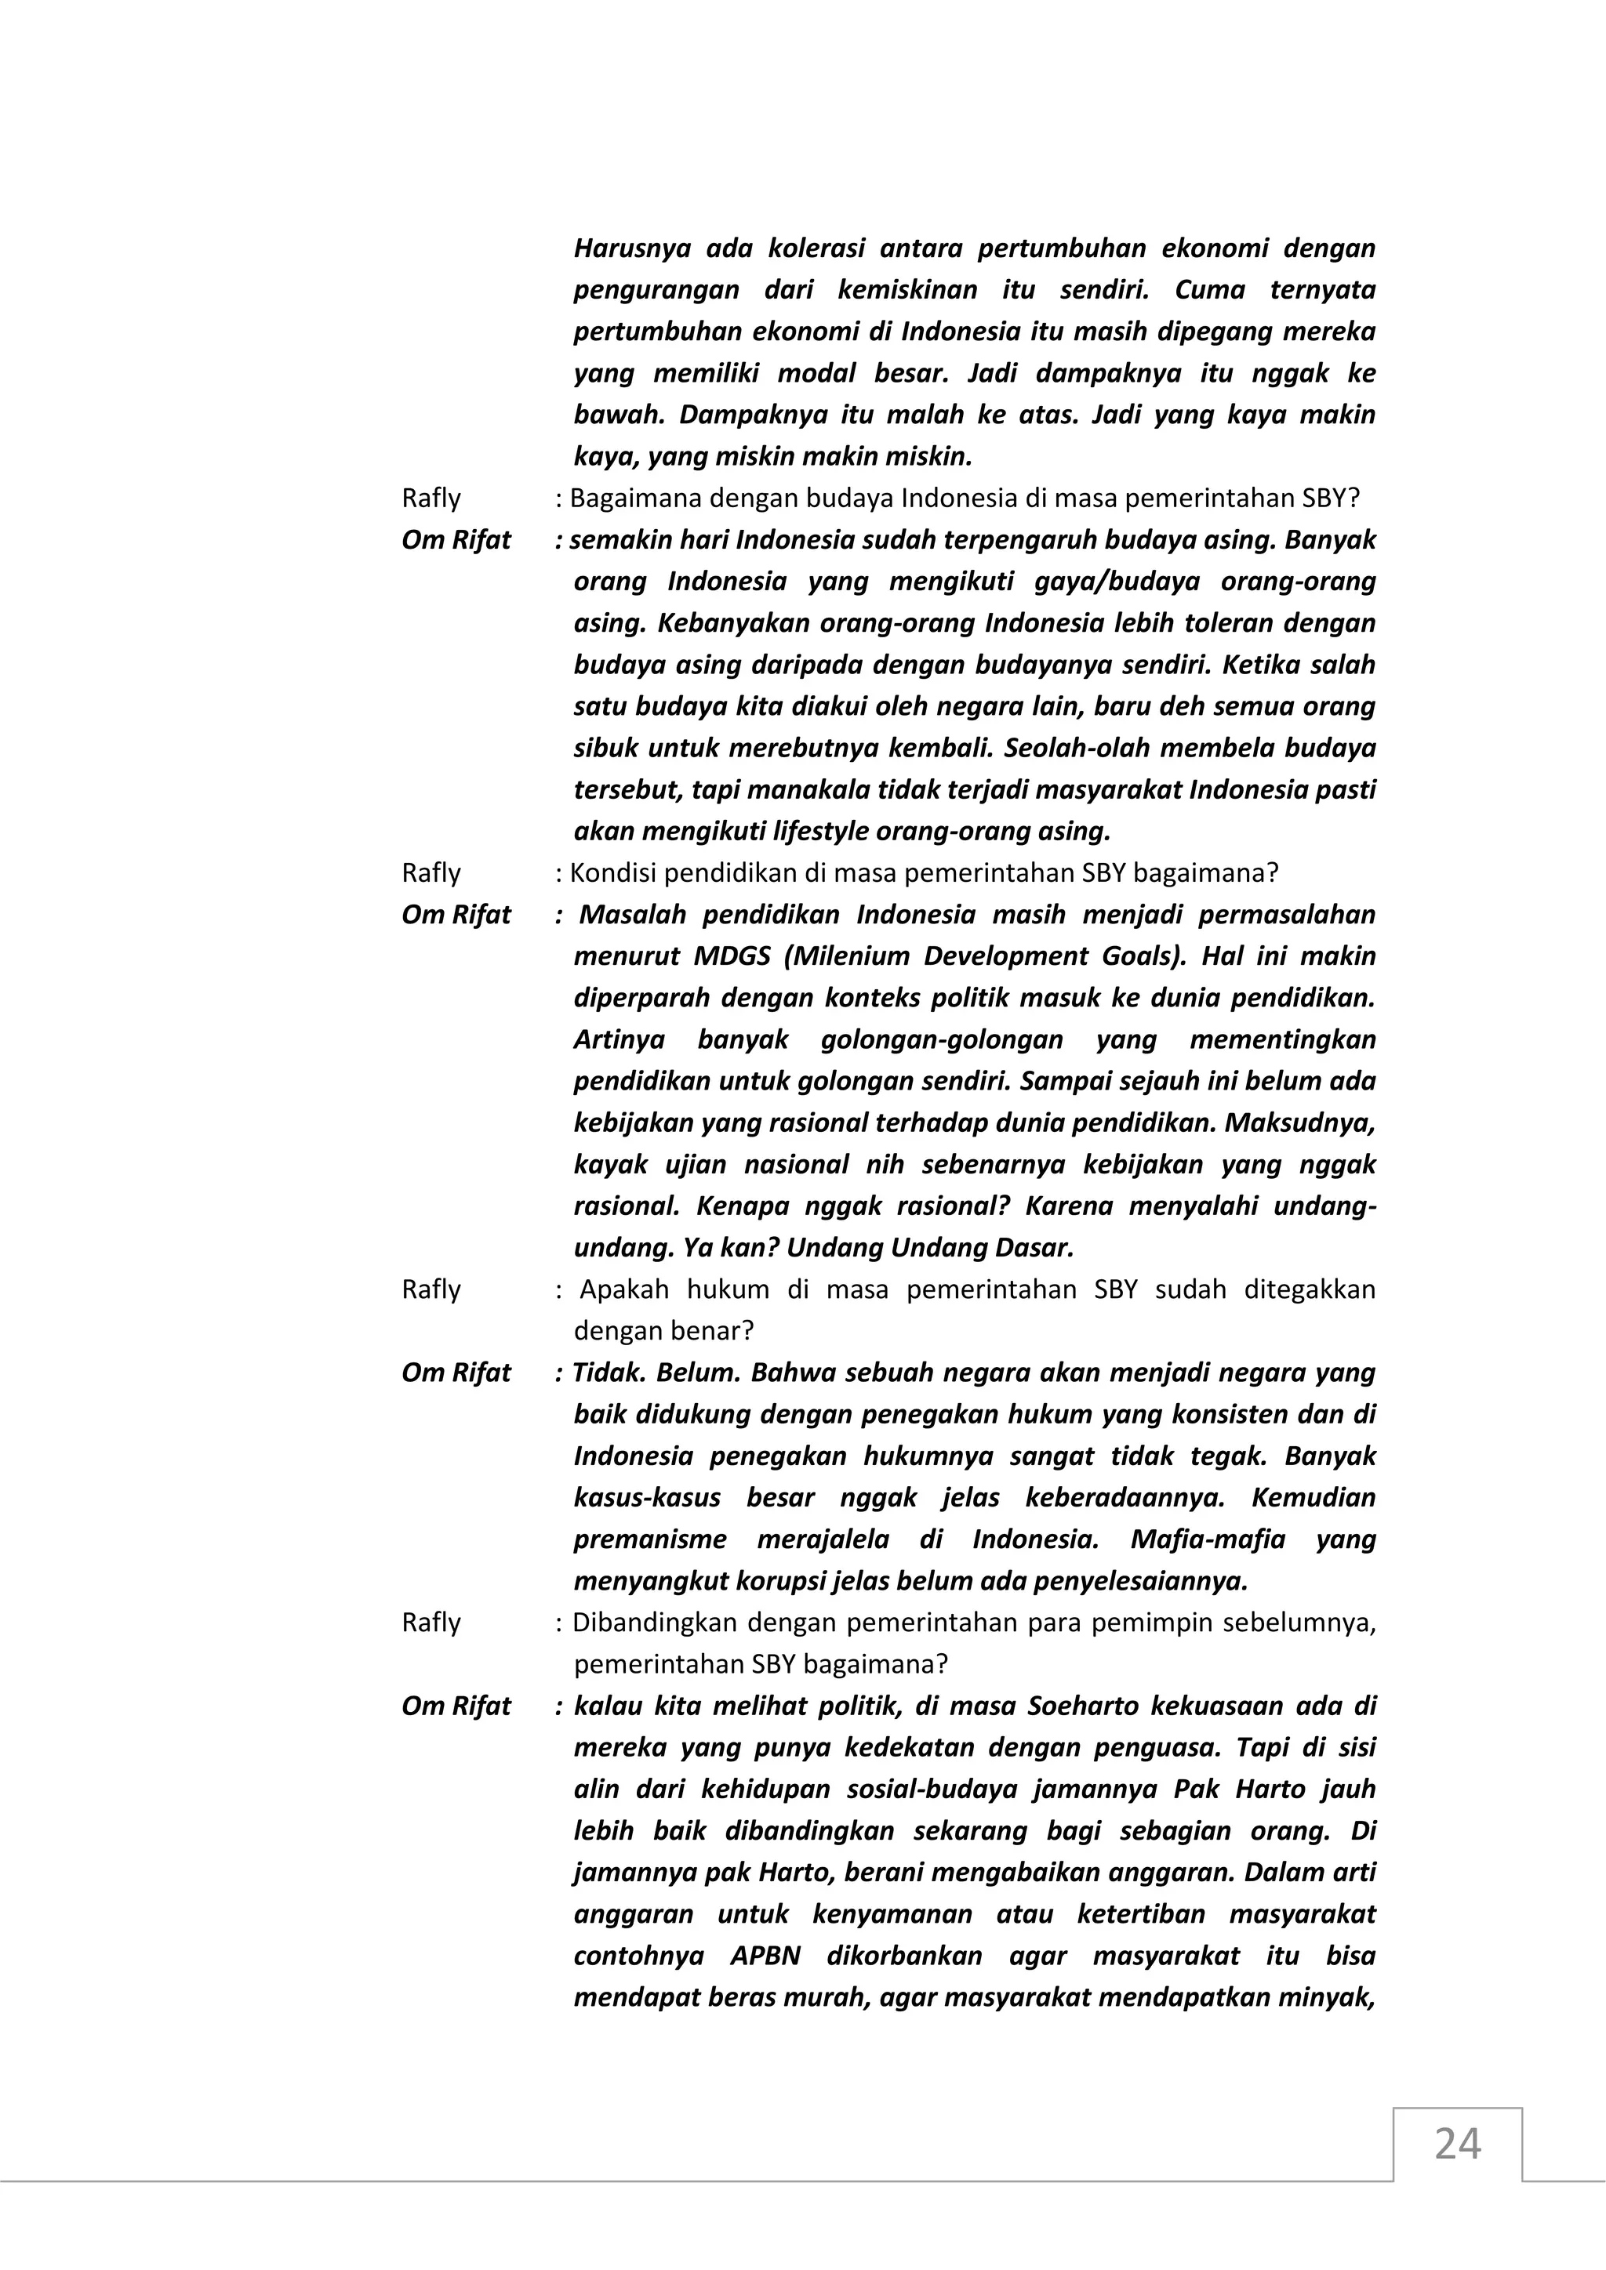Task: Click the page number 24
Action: pos(1457,2144)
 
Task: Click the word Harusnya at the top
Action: pos(632,248)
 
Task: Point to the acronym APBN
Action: pos(765,1956)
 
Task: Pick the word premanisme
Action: pos(650,1539)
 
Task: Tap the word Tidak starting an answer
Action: pos(606,1373)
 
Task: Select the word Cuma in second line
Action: pos(1209,290)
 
